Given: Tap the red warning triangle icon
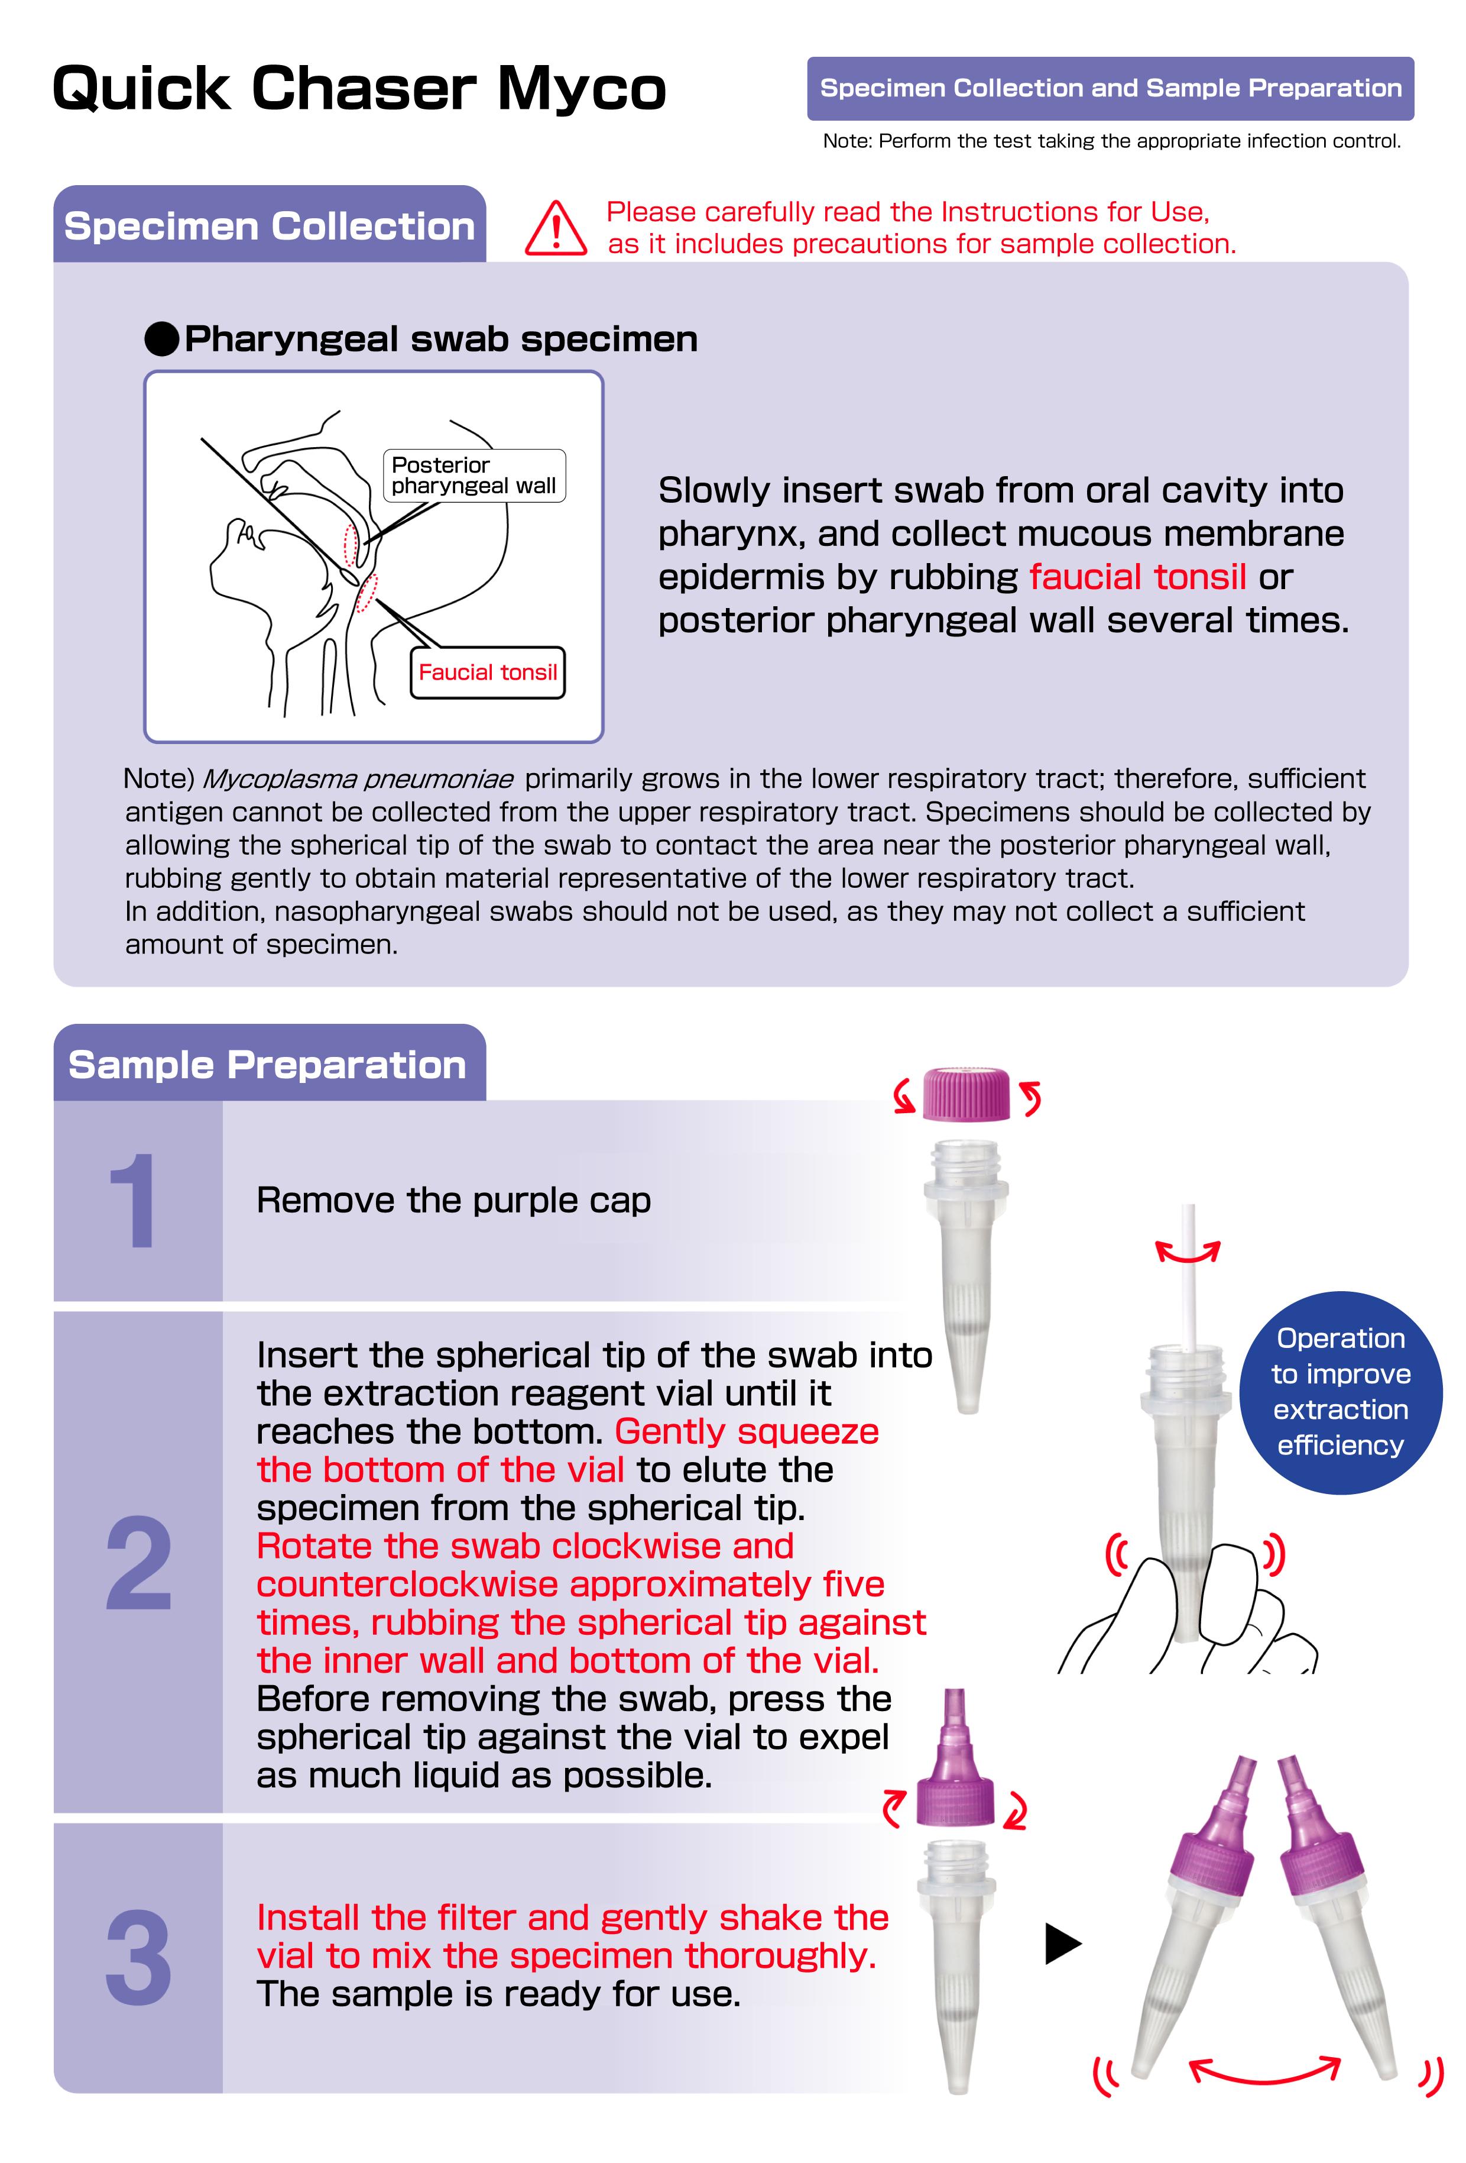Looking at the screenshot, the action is pyautogui.click(x=555, y=228).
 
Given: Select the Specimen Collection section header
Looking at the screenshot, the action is pyautogui.click(x=270, y=226).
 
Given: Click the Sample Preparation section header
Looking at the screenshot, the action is pyautogui.click(x=270, y=1064).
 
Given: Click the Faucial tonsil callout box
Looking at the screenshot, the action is pyautogui.click(x=488, y=672).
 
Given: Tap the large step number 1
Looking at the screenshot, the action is pyautogui.click(x=133, y=1201).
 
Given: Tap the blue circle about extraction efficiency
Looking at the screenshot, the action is pyautogui.click(x=1341, y=1392).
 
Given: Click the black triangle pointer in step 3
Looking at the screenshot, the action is pyautogui.click(x=1063, y=1944).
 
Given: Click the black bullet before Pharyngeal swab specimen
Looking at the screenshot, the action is pyautogui.click(x=162, y=339).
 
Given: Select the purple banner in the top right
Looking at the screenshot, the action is pyautogui.click(x=1111, y=88).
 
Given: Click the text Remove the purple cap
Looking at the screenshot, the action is pyautogui.click(x=454, y=1201).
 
